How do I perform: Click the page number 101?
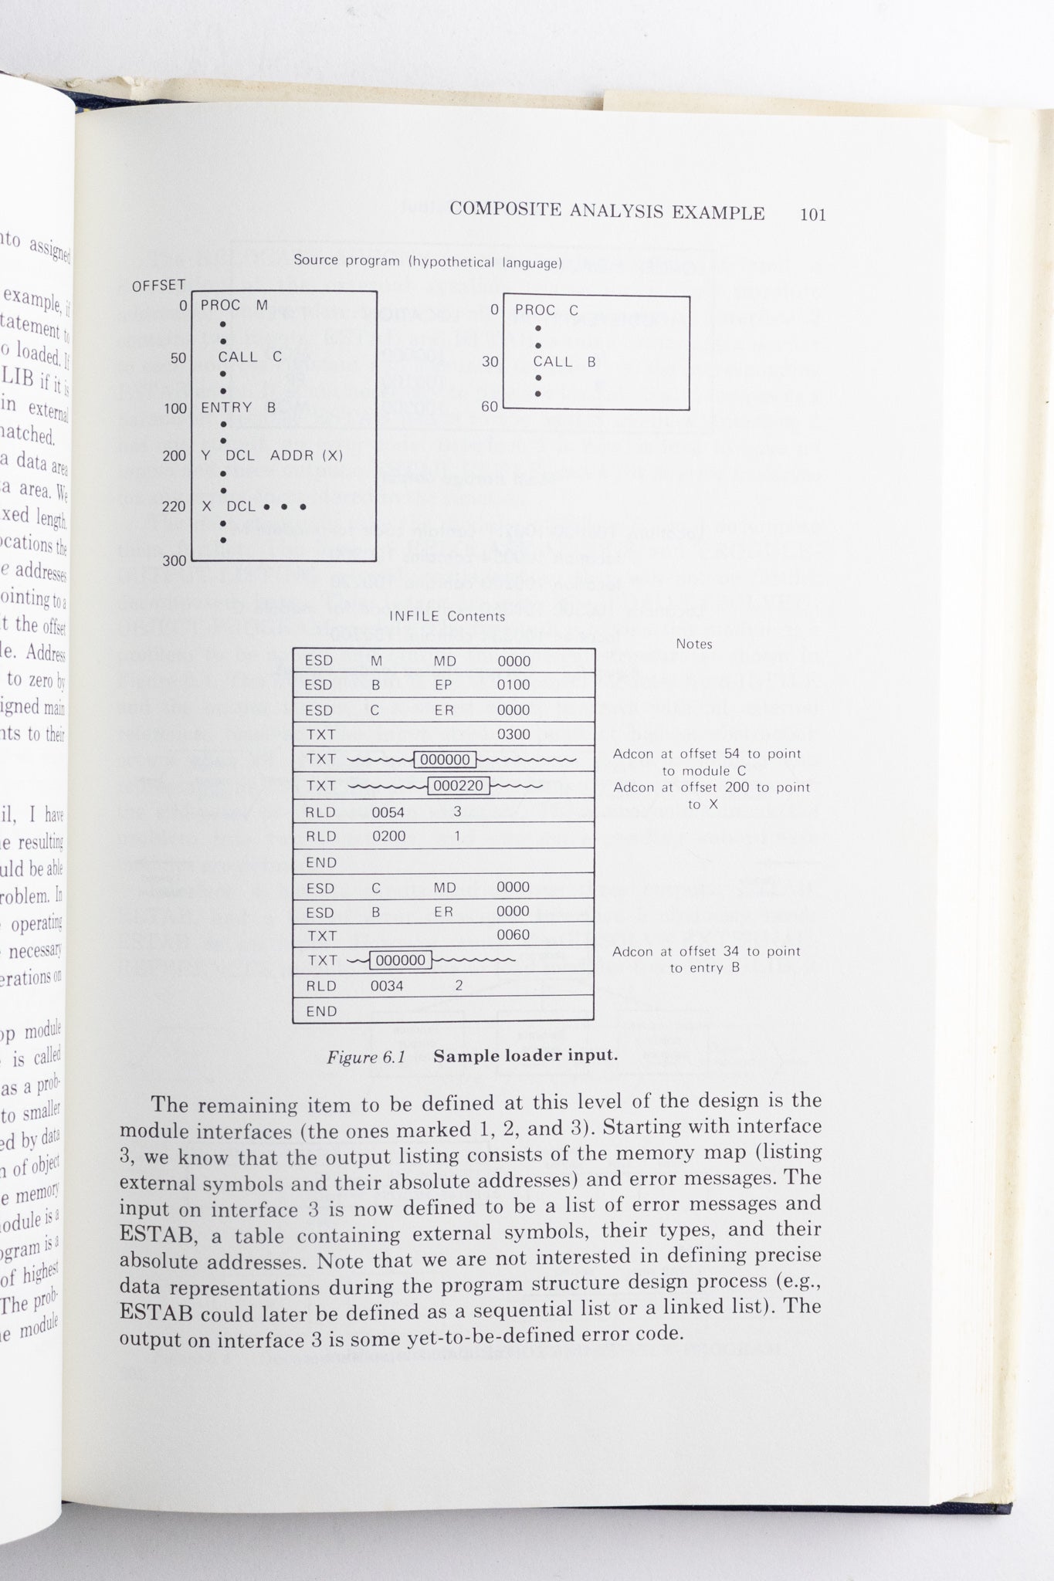click(812, 215)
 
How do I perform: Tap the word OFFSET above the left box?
click(158, 286)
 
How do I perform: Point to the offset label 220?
click(174, 506)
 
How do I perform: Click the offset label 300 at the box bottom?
click(174, 560)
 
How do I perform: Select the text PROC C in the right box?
click(546, 310)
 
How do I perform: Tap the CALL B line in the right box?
click(564, 361)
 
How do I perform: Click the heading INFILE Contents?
click(446, 616)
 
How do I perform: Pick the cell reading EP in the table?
click(443, 685)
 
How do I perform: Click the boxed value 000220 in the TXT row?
click(459, 786)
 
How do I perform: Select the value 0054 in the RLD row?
click(388, 812)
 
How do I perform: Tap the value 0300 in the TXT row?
click(513, 734)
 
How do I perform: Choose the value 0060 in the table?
click(513, 935)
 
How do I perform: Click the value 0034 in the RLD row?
click(387, 986)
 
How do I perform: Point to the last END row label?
click(321, 1011)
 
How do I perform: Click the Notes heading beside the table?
click(693, 644)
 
